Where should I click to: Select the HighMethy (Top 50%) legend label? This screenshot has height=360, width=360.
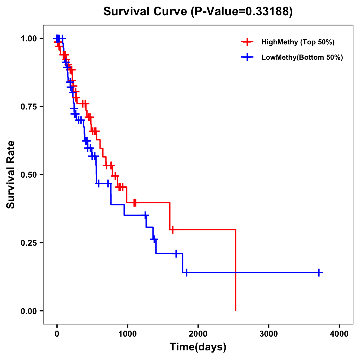point(298,42)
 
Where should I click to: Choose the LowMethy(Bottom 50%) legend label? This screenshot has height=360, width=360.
point(302,57)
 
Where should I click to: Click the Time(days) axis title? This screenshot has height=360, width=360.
point(198,347)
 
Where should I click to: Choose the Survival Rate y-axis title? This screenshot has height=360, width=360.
point(11,175)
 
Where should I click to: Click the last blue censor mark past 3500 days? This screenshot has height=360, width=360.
point(319,272)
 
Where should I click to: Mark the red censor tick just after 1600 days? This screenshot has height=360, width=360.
point(172,230)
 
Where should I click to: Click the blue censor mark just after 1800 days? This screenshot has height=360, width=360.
point(186,272)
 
